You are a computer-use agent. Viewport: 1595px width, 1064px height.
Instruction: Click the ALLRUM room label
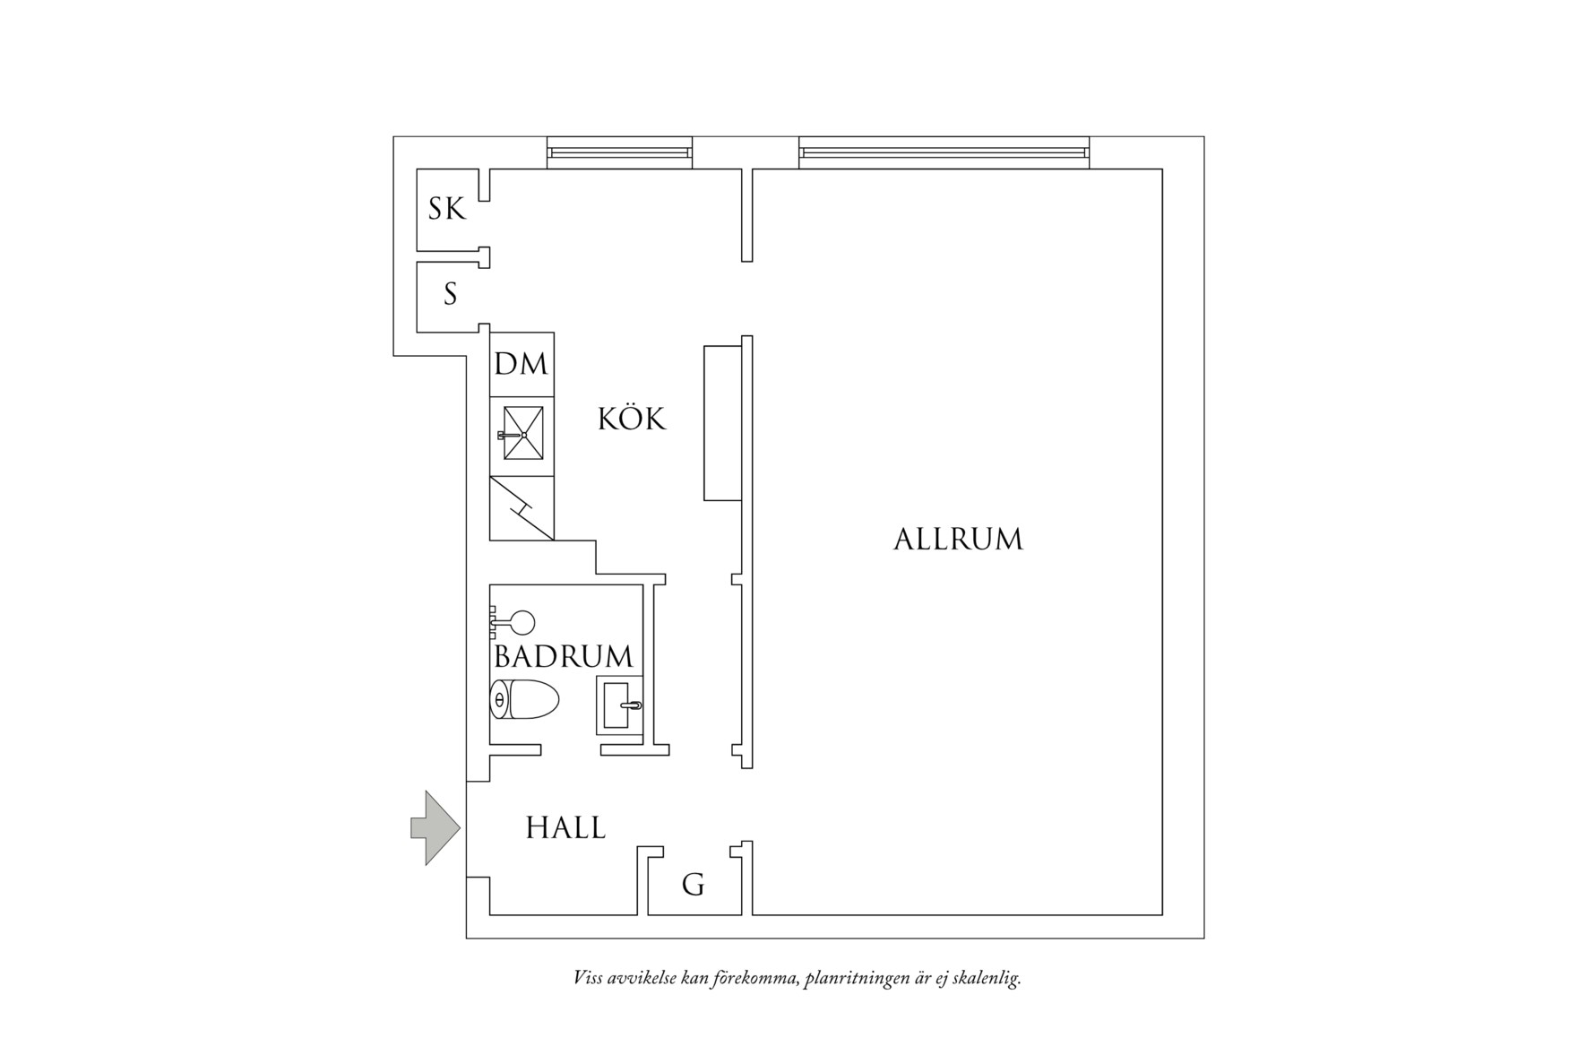958,539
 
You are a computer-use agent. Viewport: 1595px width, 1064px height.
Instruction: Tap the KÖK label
632,418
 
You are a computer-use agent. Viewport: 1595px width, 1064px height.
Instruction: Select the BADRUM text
564,656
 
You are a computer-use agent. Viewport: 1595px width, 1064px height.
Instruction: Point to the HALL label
565,826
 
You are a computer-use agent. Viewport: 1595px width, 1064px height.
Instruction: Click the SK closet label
447,209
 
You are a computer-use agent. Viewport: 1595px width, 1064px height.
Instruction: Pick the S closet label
451,293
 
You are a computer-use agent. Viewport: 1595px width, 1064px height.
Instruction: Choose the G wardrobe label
694,886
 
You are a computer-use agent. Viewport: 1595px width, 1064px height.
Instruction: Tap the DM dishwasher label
521,364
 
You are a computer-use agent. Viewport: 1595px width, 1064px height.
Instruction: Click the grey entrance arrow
435,828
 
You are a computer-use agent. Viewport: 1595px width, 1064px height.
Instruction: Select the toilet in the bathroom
524,700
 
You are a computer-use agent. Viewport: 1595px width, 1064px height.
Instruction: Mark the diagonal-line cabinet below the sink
522,508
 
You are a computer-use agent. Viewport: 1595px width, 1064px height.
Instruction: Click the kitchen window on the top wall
619,152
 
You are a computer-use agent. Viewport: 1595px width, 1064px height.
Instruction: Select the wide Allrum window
944,152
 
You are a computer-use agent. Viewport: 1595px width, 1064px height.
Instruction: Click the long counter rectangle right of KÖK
722,423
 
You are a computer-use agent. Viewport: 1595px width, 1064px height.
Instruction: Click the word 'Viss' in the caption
588,977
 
